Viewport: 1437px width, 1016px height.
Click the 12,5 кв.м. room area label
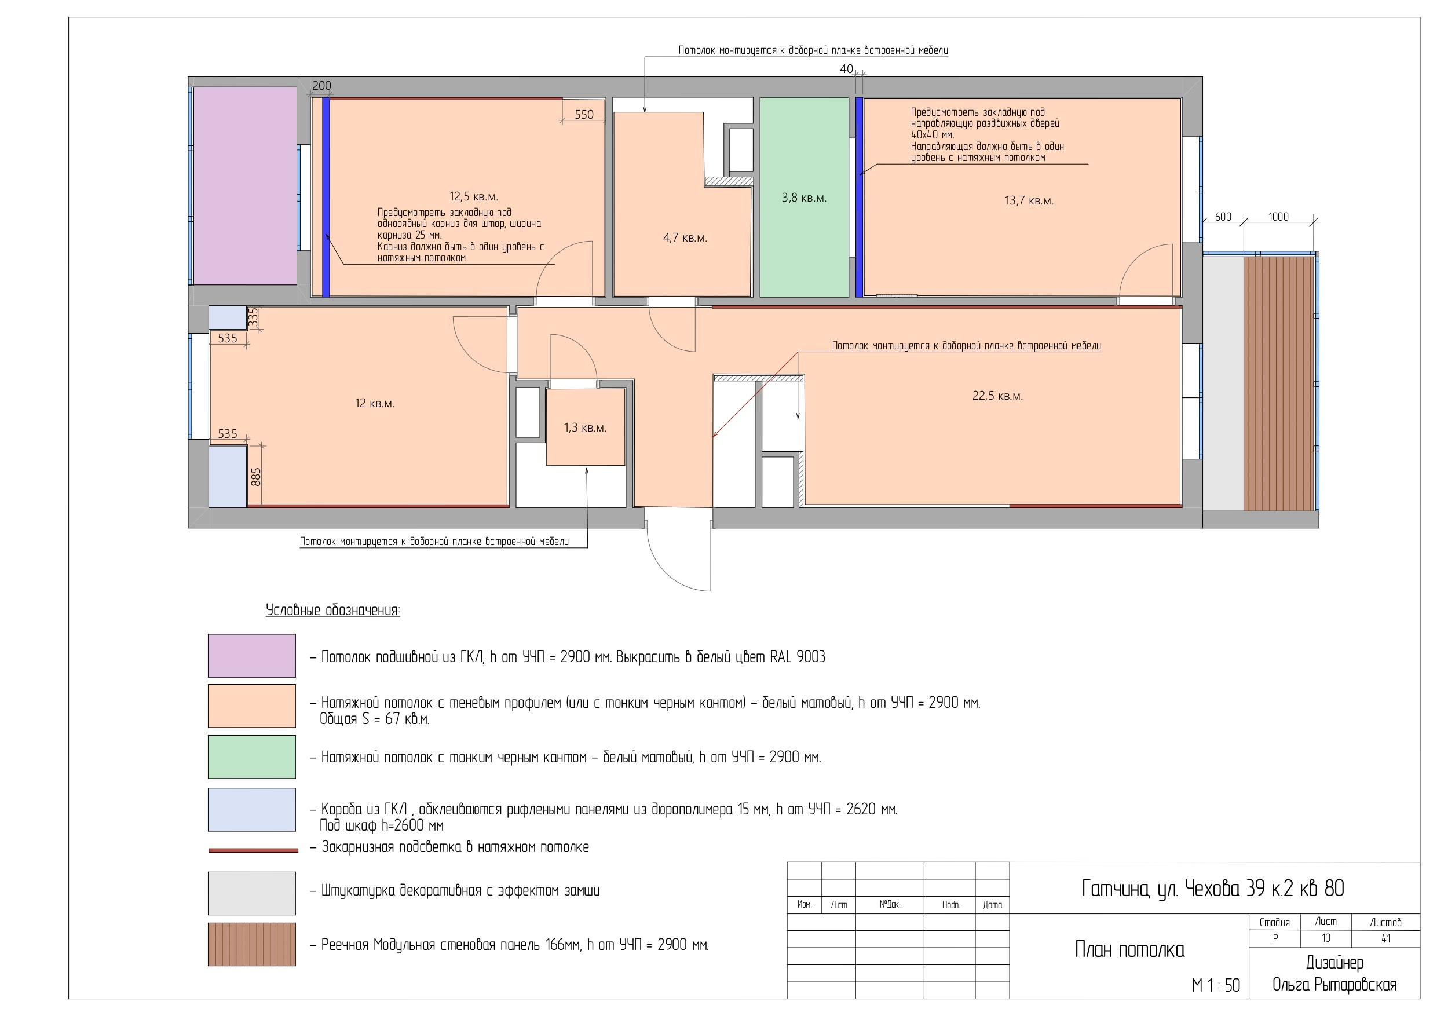(x=473, y=196)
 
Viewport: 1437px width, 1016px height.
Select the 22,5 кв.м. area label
(x=997, y=396)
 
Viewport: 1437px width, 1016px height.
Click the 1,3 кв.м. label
(x=584, y=427)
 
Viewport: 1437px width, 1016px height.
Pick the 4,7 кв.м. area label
(x=685, y=238)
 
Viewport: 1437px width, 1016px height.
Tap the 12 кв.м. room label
(x=374, y=403)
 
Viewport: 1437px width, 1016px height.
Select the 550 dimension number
(x=584, y=115)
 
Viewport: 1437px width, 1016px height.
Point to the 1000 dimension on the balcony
(x=1278, y=217)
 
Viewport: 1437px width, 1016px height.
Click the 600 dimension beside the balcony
(x=1223, y=217)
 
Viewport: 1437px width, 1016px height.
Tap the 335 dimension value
(x=253, y=316)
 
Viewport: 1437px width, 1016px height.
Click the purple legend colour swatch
(x=251, y=656)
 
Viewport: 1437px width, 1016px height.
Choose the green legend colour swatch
(x=251, y=757)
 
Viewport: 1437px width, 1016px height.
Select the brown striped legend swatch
(x=251, y=944)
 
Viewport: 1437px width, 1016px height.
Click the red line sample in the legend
(x=253, y=850)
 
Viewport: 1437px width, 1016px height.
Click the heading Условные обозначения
(x=333, y=611)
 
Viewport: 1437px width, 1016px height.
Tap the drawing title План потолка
(x=1129, y=949)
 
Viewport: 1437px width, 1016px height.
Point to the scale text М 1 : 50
(x=1215, y=985)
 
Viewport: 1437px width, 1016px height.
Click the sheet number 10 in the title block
(x=1326, y=938)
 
